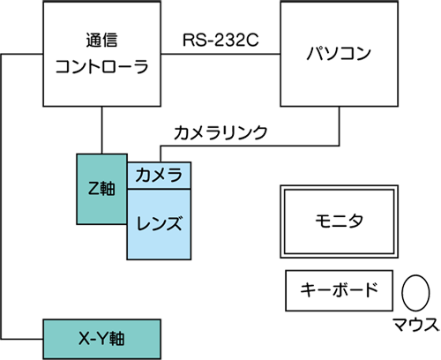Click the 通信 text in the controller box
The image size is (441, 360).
[101, 41]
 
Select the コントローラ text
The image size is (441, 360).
[101, 66]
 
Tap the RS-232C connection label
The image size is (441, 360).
[220, 40]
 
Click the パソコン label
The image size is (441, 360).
[339, 53]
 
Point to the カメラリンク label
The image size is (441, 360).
[220, 132]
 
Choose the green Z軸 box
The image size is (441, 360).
[101, 189]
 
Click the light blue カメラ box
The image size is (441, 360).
[159, 176]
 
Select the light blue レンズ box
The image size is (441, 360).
[159, 224]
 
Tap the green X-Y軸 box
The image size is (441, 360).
[101, 339]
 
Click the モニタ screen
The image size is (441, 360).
[339, 221]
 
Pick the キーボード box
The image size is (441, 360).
[339, 290]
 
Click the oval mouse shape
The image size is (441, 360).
[415, 293]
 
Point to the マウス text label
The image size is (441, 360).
[416, 325]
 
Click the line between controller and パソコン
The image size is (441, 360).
[220, 54]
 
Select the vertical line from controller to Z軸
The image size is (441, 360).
[101, 130]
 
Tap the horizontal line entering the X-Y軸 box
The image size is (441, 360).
[22, 339]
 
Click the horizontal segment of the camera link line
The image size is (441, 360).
[250, 146]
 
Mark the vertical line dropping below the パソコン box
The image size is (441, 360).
[340, 126]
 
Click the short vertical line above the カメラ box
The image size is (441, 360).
[161, 154]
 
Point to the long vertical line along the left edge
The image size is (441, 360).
[2, 197]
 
